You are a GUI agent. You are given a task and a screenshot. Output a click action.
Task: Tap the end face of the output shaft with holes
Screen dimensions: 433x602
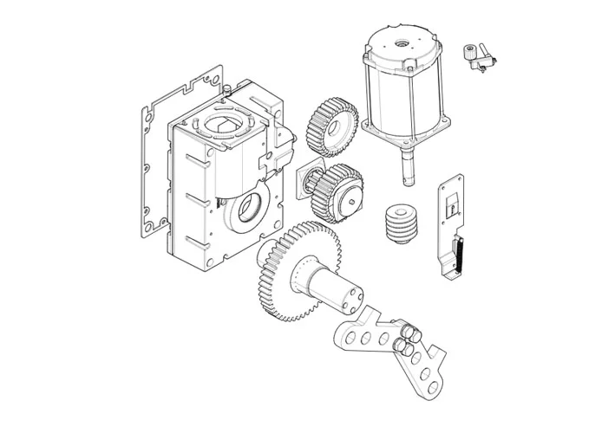coord(353,301)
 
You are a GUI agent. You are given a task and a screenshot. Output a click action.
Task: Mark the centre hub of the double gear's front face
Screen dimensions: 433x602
coord(352,203)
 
